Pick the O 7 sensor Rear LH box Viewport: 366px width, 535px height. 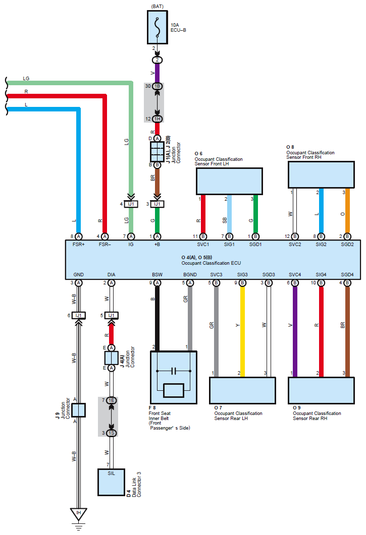tap(242, 390)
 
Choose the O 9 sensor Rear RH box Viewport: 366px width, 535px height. tap(321, 390)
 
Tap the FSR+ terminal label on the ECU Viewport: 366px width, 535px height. tap(78, 245)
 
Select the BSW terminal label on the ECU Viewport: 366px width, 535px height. tap(157, 275)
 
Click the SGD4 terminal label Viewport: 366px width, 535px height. tap(347, 275)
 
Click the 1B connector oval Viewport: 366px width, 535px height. tap(157, 86)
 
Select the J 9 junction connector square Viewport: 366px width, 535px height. tap(78, 409)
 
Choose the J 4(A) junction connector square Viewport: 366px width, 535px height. tap(111, 358)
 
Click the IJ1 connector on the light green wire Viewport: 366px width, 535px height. tap(131, 204)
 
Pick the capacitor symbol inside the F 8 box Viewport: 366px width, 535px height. tap(173, 372)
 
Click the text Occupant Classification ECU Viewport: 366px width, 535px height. tap(211, 263)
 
